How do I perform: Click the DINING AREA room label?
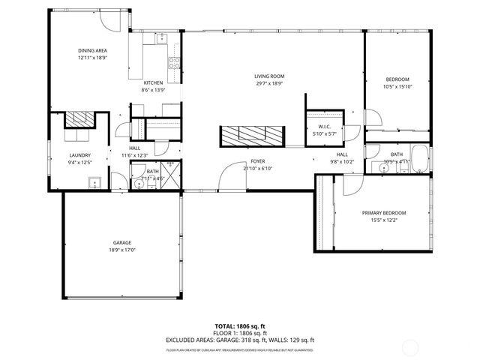[91, 50]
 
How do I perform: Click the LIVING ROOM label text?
[268, 76]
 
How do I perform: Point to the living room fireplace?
[252, 134]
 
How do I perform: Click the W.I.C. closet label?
[325, 126]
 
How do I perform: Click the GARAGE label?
[122, 243]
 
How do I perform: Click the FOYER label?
[258, 161]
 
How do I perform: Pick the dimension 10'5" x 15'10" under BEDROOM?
[397, 87]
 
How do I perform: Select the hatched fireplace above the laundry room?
[79, 120]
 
